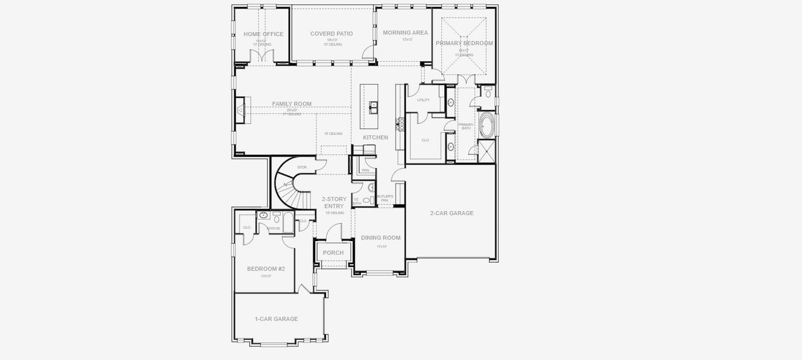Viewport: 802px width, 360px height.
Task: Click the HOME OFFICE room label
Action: coord(263,34)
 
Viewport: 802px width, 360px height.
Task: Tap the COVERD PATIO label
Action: coord(331,34)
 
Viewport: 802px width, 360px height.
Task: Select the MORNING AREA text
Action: coord(405,32)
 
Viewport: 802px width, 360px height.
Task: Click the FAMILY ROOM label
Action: coord(292,104)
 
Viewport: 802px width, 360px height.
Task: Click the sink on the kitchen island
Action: coord(373,107)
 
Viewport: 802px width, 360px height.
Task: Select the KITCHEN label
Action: coord(375,137)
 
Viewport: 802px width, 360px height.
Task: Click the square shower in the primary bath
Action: coord(486,151)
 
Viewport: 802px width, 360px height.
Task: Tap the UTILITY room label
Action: coord(423,100)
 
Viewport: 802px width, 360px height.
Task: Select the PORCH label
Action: coord(333,253)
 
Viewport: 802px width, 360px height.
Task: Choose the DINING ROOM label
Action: coord(381,238)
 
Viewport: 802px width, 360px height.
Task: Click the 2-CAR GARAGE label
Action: coord(451,213)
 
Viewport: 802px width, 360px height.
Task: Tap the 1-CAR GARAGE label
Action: coord(276,319)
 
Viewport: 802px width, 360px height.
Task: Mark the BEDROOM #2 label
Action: coord(265,268)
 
